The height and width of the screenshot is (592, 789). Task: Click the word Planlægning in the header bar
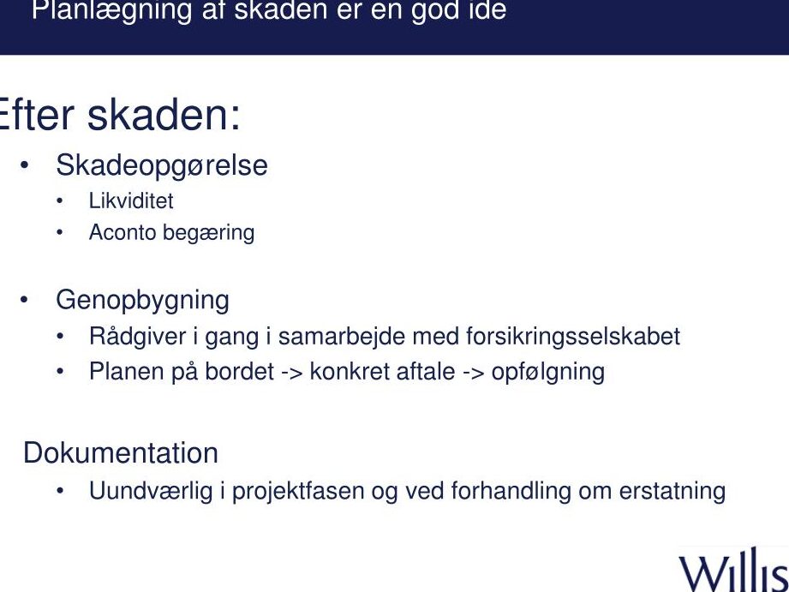111,11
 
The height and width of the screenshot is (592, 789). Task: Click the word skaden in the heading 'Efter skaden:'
164,116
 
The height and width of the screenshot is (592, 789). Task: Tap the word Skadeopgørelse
162,166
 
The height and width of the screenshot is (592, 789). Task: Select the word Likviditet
131,200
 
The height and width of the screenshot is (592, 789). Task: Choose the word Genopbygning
142,301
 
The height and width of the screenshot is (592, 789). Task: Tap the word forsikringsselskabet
573,337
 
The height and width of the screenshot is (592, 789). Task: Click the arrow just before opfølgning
473,373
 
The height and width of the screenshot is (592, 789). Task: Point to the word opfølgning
548,373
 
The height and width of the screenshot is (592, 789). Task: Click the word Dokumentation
121,452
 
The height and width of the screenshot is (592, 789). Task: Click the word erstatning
672,491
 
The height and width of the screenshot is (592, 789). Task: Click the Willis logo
733,570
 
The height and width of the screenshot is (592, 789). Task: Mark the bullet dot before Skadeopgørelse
24,165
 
